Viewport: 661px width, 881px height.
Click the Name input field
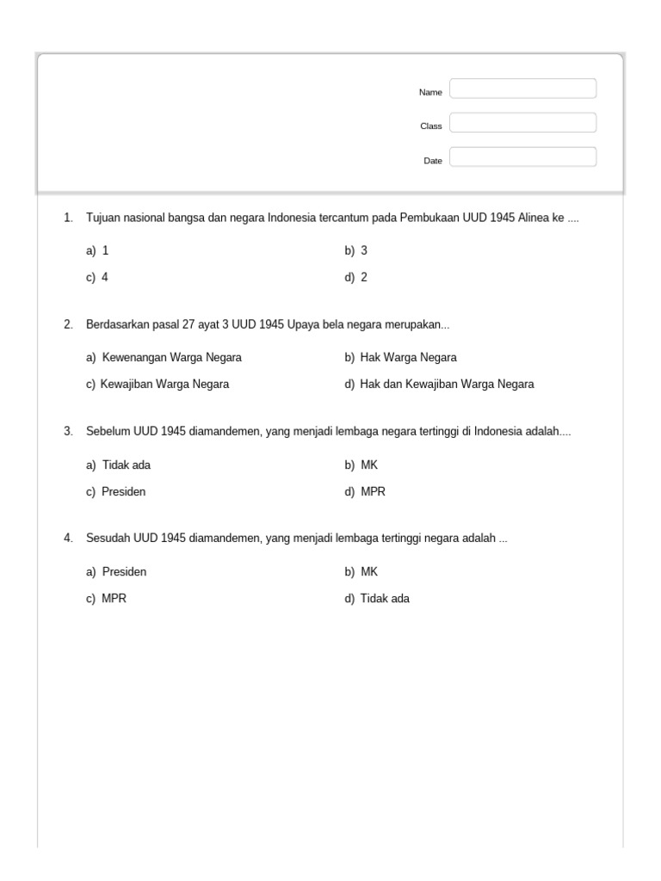click(522, 89)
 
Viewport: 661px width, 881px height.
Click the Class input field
click(522, 123)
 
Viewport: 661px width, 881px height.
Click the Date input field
click(522, 157)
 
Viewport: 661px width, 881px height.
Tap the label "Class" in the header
click(430, 126)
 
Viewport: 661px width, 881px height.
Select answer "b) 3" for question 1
click(356, 250)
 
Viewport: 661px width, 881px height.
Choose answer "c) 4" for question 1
click(97, 278)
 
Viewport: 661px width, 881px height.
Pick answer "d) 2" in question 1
click(356, 278)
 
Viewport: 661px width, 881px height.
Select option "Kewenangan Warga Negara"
click(171, 357)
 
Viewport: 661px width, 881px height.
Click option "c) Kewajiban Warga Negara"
click(158, 385)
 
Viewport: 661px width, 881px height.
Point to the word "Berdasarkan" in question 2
click(116, 325)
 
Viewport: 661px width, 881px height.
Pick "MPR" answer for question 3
click(374, 492)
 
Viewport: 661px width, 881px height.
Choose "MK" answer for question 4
click(369, 571)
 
